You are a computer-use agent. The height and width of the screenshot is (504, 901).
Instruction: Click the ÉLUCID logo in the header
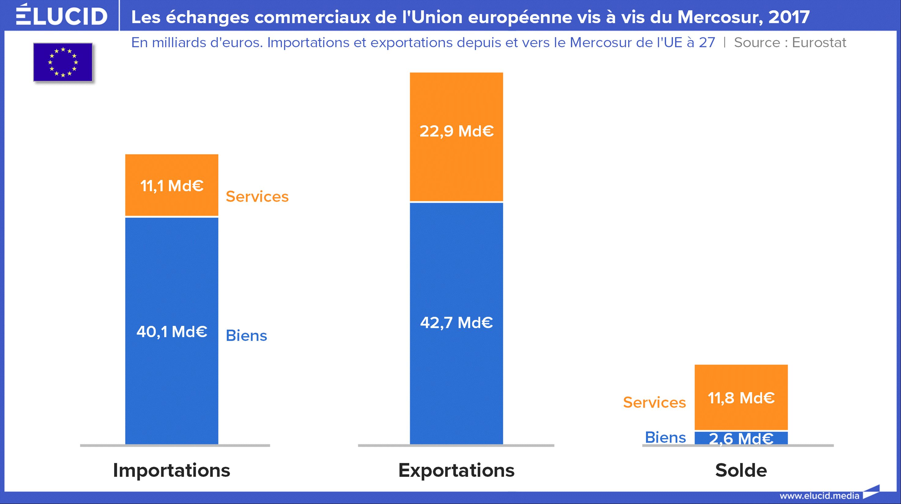pyautogui.click(x=61, y=15)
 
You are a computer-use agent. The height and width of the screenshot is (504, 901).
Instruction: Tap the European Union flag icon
pyautogui.click(x=63, y=62)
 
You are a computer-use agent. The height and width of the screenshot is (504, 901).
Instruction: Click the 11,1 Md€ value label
pyautogui.click(x=172, y=185)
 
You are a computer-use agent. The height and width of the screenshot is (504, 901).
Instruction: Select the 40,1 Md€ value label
pyautogui.click(x=172, y=331)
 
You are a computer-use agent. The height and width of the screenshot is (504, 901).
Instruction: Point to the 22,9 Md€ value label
pyautogui.click(x=456, y=131)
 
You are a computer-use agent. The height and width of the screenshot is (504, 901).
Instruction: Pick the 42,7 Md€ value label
pyautogui.click(x=456, y=322)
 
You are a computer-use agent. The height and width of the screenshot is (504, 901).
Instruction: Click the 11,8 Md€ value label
pyautogui.click(x=741, y=398)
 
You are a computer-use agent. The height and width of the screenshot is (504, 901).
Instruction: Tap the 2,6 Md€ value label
pyautogui.click(x=741, y=438)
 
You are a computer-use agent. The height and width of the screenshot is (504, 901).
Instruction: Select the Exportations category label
pyautogui.click(x=456, y=470)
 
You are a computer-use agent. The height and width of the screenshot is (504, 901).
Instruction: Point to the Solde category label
pyautogui.click(x=741, y=470)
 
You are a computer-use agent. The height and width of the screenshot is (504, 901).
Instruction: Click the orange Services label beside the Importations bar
pyautogui.click(x=257, y=197)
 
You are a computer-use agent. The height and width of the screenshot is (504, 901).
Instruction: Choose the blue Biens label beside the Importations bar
pyautogui.click(x=246, y=336)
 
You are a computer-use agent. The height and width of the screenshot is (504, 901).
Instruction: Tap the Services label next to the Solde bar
pyautogui.click(x=654, y=402)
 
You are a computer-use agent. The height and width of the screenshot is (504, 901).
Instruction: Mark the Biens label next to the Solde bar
pyautogui.click(x=665, y=437)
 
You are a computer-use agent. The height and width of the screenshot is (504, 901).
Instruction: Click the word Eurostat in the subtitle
pyautogui.click(x=819, y=43)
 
